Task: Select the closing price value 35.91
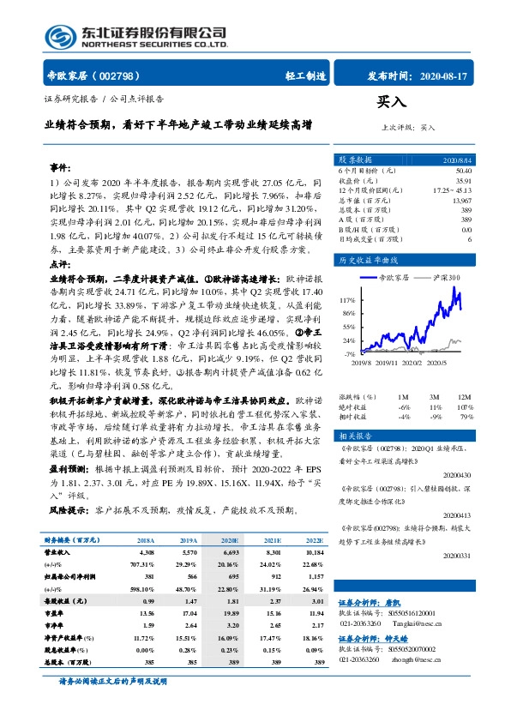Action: point(461,182)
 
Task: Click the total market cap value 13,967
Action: point(460,200)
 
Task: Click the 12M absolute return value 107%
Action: point(465,407)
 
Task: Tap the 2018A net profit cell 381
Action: point(146,580)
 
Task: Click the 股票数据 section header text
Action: point(355,159)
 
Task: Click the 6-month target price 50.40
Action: point(461,172)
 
